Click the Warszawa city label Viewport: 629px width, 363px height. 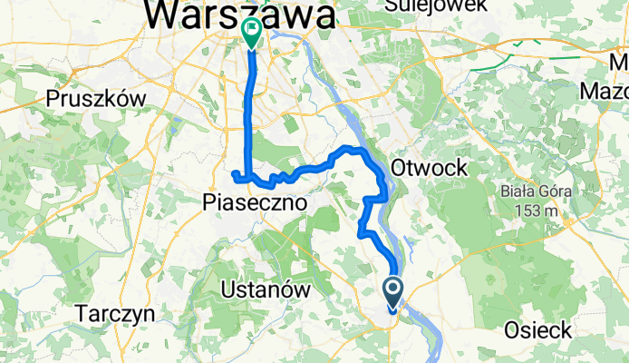[x=239, y=14]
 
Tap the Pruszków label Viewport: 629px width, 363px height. [x=93, y=98]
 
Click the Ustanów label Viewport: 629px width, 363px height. [x=266, y=290]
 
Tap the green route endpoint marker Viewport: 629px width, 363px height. [x=251, y=33]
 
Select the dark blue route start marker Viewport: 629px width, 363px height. [x=394, y=292]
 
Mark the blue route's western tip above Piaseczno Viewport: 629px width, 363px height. [x=234, y=172]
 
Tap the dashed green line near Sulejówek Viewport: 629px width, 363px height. [x=535, y=55]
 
